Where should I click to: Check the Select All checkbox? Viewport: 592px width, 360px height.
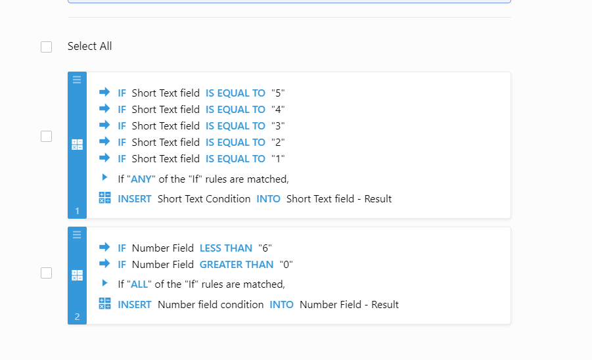[46, 47]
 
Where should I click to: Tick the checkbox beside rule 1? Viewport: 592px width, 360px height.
[46, 137]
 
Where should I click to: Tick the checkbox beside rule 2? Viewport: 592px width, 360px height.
[46, 273]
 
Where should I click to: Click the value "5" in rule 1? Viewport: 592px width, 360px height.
[278, 93]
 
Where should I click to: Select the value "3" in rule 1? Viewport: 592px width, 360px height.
[278, 126]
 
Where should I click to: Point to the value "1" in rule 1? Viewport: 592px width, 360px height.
[278, 159]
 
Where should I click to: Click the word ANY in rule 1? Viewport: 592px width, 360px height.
[141, 179]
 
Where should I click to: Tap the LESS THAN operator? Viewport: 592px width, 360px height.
[226, 248]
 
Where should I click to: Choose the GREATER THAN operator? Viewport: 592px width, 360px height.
[237, 265]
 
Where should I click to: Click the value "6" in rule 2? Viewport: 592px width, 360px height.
[265, 248]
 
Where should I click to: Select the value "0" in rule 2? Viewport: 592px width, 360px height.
[286, 265]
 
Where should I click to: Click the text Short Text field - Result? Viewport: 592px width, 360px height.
[339, 199]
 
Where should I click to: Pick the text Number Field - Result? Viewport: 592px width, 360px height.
[349, 305]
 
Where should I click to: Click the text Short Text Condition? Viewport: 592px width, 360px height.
[204, 199]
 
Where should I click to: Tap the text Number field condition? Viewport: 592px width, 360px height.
[211, 305]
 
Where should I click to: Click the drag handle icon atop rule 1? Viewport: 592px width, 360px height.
[77, 79]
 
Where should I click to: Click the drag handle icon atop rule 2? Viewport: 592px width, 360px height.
[77, 235]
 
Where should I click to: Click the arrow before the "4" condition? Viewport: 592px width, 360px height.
[104, 109]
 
